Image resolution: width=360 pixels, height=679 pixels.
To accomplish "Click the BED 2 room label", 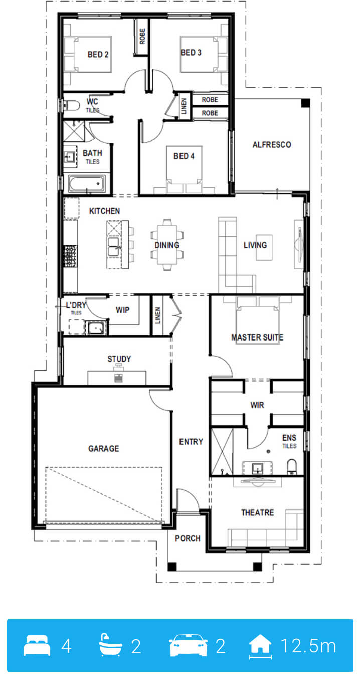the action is coord(98,55).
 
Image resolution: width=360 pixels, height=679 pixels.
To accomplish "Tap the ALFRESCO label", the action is coord(272,145).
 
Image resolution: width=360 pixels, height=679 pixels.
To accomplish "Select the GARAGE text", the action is coord(104,449).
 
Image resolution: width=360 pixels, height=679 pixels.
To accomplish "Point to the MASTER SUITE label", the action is coord(257,337).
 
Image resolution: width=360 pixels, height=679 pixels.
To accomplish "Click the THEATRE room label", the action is coord(258,513).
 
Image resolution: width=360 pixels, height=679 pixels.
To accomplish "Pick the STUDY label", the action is coord(119,359).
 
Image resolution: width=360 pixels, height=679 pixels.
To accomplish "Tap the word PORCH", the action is coord(188,538).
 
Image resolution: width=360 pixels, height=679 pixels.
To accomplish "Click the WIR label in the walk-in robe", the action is coord(257,405).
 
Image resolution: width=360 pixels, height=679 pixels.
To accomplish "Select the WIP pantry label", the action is coord(122,310).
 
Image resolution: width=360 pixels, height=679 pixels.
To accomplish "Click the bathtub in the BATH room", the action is coord(87,183).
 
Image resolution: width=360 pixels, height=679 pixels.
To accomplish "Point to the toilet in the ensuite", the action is coord(292,467).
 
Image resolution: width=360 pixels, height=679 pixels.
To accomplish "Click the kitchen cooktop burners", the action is coord(70,256).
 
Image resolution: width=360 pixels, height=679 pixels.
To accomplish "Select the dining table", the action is coord(167,245).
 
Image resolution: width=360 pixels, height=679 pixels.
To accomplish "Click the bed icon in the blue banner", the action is coord(37,646).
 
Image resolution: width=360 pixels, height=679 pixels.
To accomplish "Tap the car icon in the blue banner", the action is coord(188,646).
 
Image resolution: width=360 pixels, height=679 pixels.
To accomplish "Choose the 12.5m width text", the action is coord(308,646).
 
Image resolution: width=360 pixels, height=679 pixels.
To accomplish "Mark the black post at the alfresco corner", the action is coord(305,103).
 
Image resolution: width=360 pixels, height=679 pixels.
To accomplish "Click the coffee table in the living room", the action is coord(264,247).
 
